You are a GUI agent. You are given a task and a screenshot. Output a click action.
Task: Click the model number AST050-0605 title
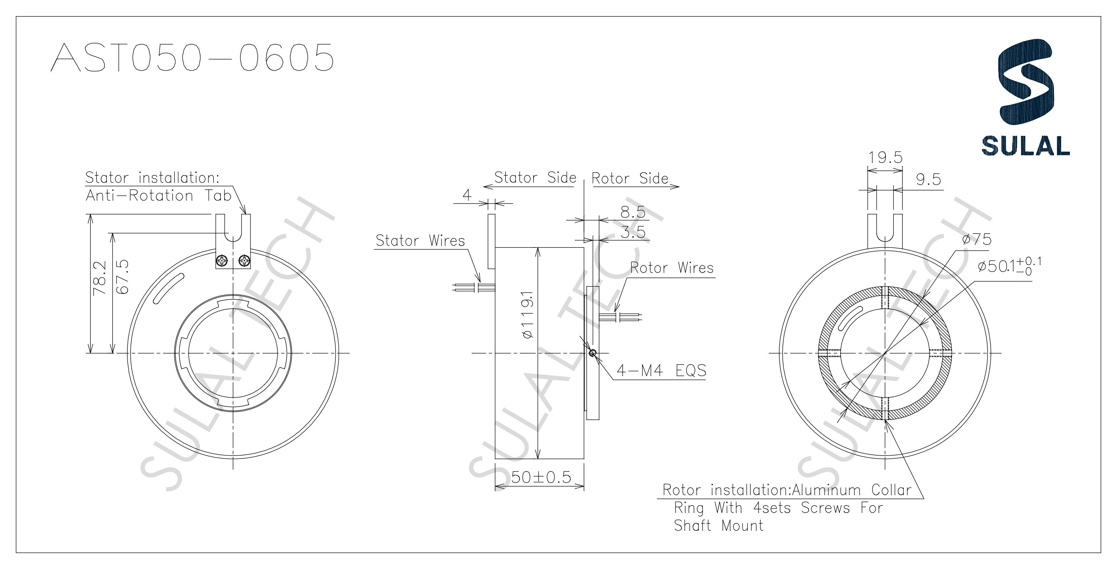[x=192, y=57]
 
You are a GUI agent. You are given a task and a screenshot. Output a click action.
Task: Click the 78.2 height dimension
[x=99, y=278]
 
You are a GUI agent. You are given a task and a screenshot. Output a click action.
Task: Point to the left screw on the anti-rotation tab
[x=222, y=261]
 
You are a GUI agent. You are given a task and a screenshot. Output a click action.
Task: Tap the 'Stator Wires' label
[x=420, y=241]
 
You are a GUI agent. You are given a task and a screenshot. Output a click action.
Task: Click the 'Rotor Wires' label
[x=671, y=268]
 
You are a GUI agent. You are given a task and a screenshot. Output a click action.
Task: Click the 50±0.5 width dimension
[x=541, y=478]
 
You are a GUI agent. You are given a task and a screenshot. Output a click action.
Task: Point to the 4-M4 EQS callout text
[x=661, y=371]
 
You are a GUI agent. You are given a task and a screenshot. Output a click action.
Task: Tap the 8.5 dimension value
[x=633, y=212]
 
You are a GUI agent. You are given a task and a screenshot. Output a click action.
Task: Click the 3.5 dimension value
[x=633, y=233]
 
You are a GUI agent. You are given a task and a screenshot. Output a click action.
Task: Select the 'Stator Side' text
[x=535, y=178]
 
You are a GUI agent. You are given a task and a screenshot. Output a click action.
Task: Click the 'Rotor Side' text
[x=630, y=178]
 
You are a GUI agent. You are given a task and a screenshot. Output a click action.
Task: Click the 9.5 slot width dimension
[x=928, y=179]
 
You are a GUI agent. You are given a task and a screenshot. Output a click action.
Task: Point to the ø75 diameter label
[x=977, y=240]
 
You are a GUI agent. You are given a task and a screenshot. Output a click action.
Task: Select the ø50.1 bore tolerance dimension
[x=1008, y=266]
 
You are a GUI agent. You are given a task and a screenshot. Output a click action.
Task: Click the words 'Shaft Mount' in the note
[x=718, y=526]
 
